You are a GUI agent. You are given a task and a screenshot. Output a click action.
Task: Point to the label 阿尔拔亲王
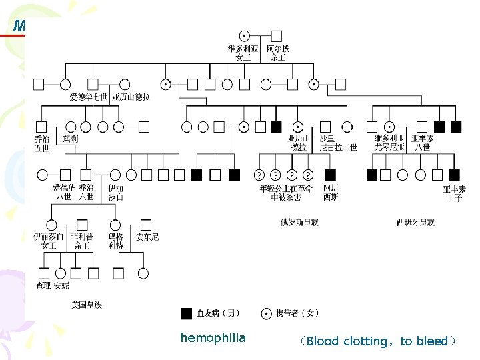(278, 53)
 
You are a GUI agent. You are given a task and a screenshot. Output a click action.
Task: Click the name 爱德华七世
(88, 97)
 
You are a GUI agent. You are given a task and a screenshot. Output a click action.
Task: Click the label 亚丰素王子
(454, 193)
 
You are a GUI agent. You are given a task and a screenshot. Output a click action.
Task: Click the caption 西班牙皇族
(415, 222)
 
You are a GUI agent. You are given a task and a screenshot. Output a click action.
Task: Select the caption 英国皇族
(87, 305)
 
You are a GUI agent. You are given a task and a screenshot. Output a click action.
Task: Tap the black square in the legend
(187, 313)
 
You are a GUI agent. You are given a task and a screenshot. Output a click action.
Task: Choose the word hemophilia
(213, 338)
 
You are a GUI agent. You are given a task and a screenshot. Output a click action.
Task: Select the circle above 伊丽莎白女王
(50, 224)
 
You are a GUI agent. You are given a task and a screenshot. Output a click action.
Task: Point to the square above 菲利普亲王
(83, 224)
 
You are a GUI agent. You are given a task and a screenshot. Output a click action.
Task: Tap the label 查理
(44, 285)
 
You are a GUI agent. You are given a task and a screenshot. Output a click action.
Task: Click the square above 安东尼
(147, 224)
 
